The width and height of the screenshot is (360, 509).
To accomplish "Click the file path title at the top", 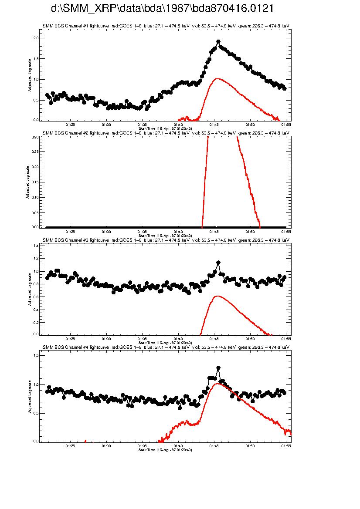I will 162,9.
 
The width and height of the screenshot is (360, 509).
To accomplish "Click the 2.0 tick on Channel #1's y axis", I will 36,38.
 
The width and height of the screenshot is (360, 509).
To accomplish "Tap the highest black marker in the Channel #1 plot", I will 218,42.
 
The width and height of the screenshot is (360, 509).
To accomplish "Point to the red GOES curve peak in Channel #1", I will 217,79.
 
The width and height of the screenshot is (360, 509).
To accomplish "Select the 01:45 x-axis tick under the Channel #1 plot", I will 214,124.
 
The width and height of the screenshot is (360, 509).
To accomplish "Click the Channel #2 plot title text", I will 166,133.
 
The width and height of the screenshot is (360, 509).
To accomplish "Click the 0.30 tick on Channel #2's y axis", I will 35,137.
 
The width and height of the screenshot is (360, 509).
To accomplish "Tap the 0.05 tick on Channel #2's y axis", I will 35,212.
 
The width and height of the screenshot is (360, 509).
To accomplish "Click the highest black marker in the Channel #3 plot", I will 218,263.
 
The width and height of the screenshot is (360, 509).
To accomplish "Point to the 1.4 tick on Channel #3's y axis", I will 36,246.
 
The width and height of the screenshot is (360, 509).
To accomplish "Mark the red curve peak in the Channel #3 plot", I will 217,296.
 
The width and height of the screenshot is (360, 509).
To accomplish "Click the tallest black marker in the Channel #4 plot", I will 218,368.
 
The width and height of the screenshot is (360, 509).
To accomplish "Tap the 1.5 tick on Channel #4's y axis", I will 36,355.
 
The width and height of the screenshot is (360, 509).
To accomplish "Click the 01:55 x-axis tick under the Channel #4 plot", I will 286,446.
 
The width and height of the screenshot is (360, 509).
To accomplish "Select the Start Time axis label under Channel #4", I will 165,449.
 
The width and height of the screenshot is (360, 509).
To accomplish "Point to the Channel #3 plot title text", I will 166,239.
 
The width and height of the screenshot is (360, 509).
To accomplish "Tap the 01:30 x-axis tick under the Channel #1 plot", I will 106,124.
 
